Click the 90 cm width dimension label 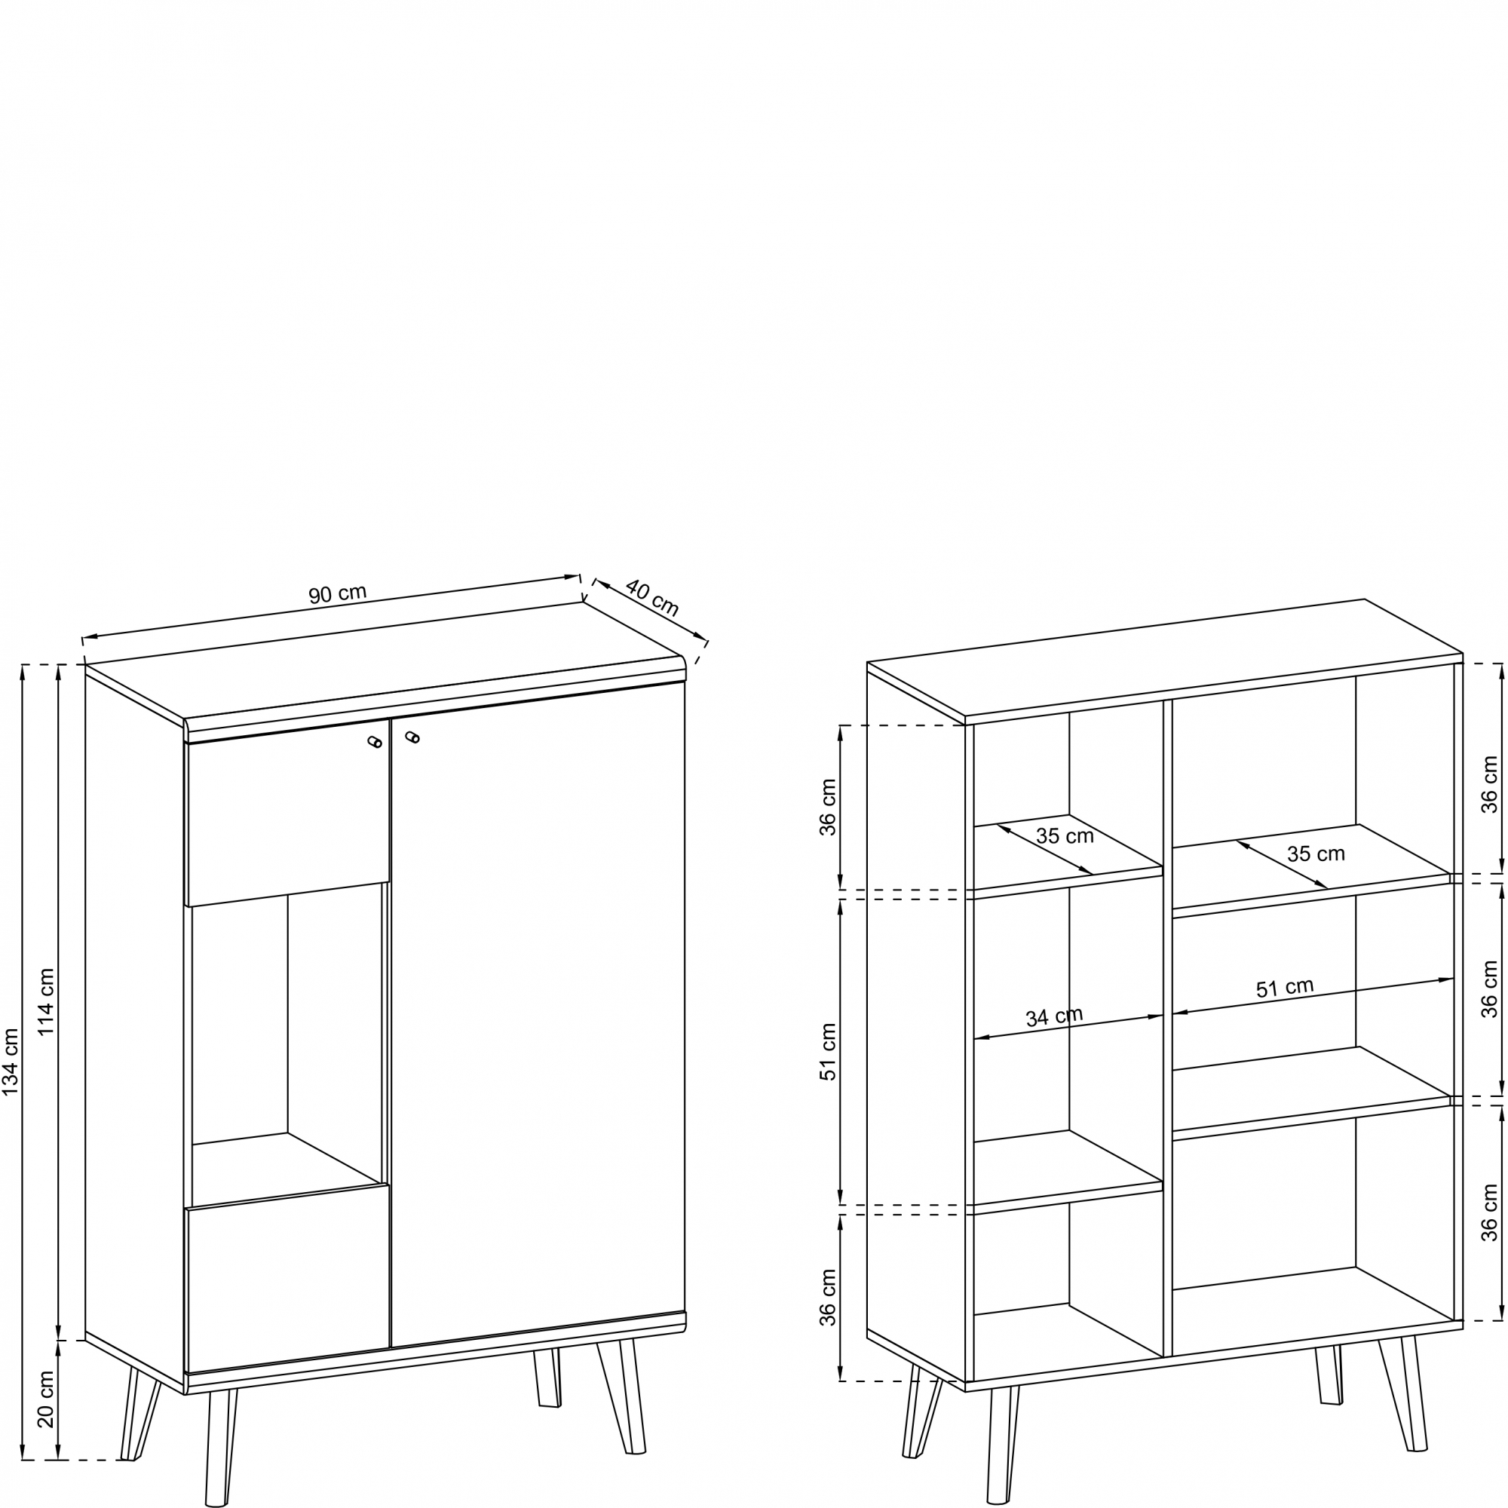(337, 594)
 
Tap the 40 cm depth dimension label (652, 597)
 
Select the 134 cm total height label (11, 1062)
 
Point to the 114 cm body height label (47, 1001)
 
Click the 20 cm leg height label (47, 1399)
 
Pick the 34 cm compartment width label (1054, 1017)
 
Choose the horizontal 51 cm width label (1284, 988)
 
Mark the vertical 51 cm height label (828, 1051)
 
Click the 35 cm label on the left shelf (1065, 836)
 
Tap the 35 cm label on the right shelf (1316, 854)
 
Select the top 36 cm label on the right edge (1490, 784)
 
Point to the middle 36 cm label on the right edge (1490, 989)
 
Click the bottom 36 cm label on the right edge (1490, 1213)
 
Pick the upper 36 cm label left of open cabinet (828, 807)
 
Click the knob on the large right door (412, 736)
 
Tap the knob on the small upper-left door (375, 741)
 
